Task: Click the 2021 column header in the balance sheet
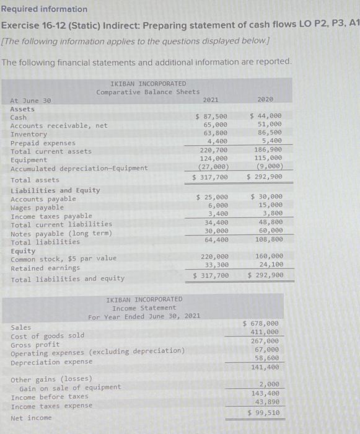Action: coord(210,99)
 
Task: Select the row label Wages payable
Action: coord(37,208)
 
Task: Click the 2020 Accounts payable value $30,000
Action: coord(266,198)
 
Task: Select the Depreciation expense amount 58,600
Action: coord(266,358)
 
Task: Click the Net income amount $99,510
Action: coord(263,412)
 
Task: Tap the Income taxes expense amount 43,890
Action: coord(266,402)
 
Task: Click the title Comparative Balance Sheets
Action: coord(147,92)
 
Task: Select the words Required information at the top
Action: coord(44,9)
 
